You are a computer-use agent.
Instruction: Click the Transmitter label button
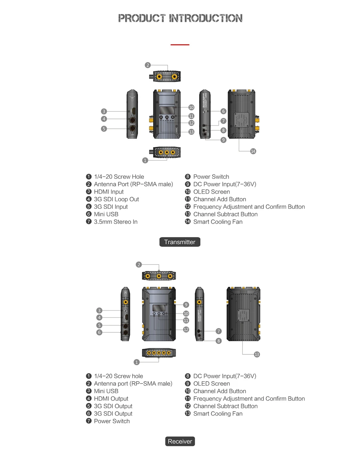click(x=180, y=242)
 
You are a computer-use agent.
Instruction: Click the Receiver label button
click(x=180, y=442)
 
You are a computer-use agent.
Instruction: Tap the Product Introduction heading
click(x=180, y=18)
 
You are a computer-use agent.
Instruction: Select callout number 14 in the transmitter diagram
click(x=253, y=151)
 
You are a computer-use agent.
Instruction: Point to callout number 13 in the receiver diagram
click(x=257, y=354)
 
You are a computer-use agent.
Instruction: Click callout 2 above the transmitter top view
click(x=148, y=65)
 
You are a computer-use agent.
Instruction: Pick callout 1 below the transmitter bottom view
click(x=145, y=160)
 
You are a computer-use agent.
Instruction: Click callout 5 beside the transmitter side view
click(x=104, y=128)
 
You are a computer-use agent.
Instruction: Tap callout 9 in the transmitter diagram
click(x=223, y=140)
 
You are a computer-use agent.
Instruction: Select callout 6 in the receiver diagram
click(x=100, y=332)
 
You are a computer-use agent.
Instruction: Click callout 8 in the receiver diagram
click(x=218, y=341)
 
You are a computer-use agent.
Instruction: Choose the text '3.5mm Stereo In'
click(x=116, y=222)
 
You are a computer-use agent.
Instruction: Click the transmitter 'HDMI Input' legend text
click(x=109, y=192)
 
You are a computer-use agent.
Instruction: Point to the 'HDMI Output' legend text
click(x=111, y=398)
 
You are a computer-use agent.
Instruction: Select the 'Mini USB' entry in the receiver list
click(x=106, y=391)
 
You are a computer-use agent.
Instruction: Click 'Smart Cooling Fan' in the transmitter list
click(x=218, y=222)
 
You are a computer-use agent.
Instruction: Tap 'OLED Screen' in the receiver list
click(x=211, y=384)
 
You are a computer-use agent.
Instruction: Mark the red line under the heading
click(x=180, y=45)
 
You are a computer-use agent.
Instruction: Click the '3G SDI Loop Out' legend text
click(x=116, y=199)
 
